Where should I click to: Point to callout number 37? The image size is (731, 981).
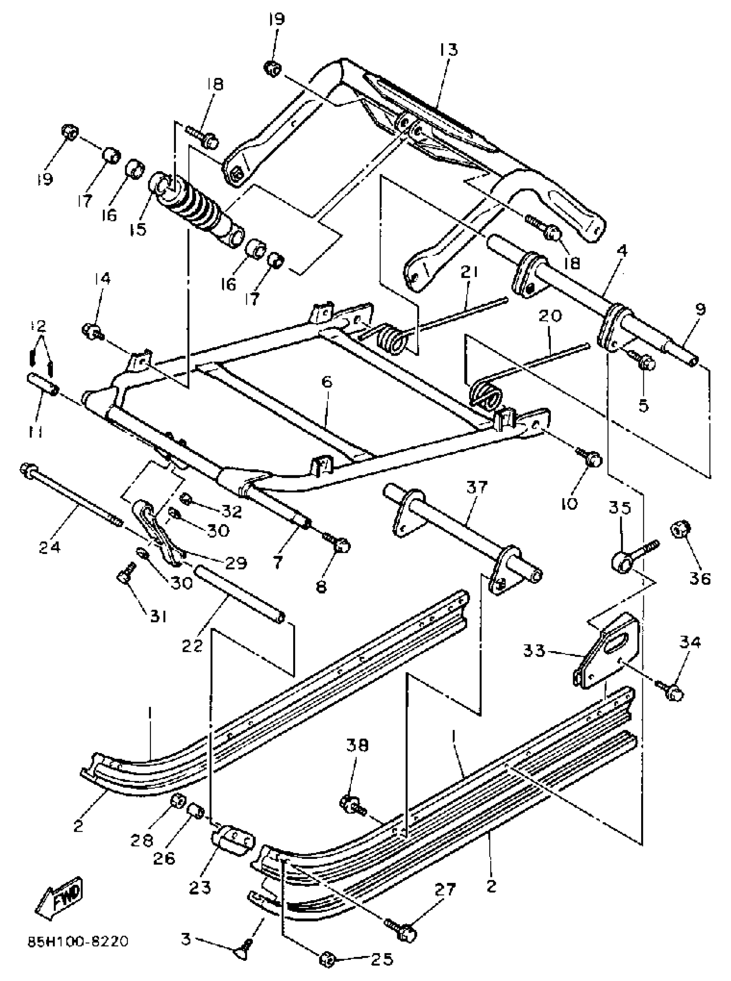click(x=476, y=487)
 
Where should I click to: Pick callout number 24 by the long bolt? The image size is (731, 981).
click(x=49, y=547)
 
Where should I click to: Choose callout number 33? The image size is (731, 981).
click(x=534, y=650)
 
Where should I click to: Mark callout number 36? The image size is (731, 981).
click(x=700, y=578)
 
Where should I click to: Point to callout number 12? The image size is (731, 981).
click(x=39, y=326)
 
